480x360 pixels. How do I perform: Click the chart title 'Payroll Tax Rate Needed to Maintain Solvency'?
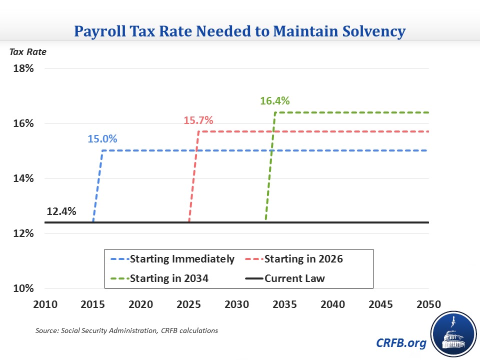tap(240, 31)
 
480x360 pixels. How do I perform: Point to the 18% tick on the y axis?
tap(23, 68)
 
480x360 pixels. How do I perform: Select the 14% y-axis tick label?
tap(23, 178)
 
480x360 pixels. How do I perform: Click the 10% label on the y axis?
tap(23, 288)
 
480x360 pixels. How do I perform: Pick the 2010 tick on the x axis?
tap(45, 304)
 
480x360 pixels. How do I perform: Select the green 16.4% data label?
tap(274, 101)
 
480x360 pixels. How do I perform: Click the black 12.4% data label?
tap(61, 211)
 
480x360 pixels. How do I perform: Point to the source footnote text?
tap(126, 330)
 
